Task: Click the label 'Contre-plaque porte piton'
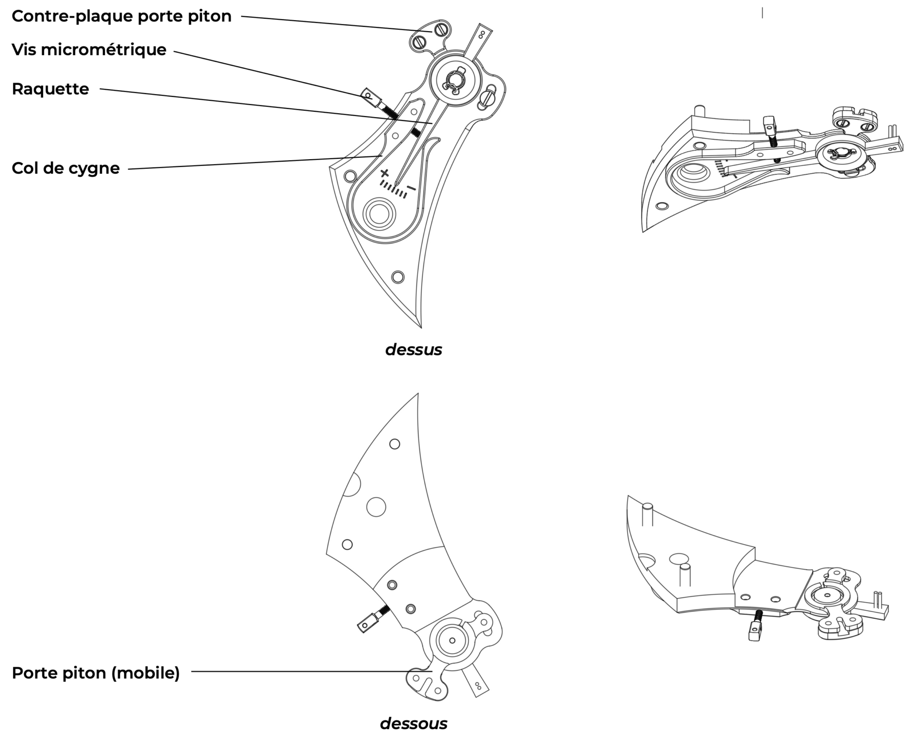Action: (x=121, y=16)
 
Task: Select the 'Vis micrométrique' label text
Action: (x=89, y=49)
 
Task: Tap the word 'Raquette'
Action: (x=50, y=89)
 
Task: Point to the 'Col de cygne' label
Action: (x=66, y=168)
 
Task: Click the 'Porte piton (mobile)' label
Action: (x=95, y=673)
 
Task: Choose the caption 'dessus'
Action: (x=413, y=350)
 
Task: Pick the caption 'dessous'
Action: (x=413, y=723)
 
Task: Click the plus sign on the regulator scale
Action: (x=384, y=173)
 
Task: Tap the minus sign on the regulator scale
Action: (x=411, y=188)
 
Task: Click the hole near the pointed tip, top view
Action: (x=398, y=277)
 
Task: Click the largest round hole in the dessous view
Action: (x=376, y=507)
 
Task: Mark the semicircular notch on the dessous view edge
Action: (x=354, y=484)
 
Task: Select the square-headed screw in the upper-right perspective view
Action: (x=769, y=126)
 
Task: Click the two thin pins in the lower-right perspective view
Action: (x=878, y=599)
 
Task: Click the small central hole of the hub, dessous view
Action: (x=452, y=640)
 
